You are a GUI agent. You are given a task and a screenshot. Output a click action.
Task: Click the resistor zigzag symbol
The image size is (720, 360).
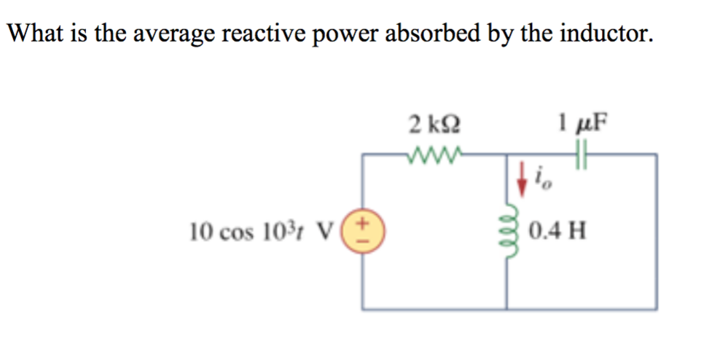point(434,154)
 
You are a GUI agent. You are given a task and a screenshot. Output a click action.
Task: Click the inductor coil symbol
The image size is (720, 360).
point(507,231)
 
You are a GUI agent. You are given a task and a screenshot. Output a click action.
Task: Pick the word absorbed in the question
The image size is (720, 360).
point(438,33)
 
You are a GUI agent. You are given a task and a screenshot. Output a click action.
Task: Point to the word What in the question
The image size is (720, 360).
point(37,33)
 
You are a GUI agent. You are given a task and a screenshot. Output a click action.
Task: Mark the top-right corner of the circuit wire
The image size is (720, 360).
point(657,154)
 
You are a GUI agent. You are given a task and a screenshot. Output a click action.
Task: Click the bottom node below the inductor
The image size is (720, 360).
point(507,310)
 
